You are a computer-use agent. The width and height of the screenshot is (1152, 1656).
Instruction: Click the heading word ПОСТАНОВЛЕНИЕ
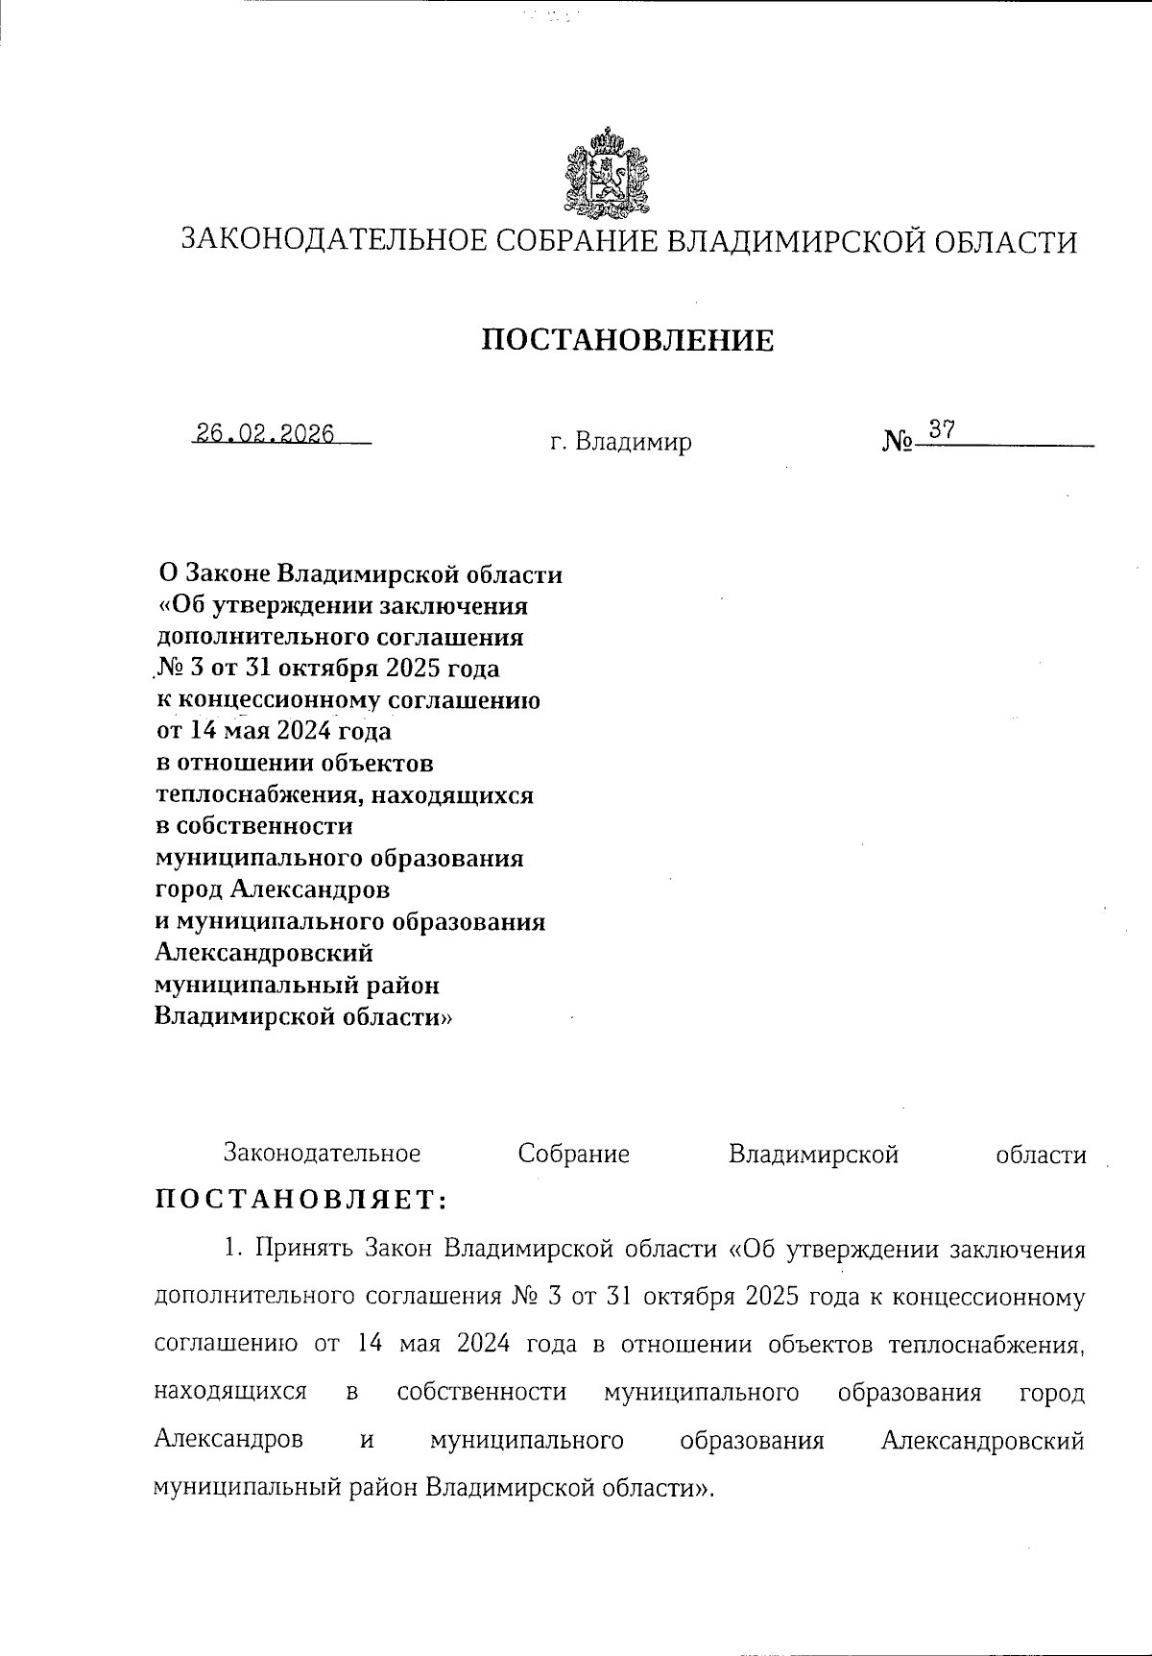[627, 340]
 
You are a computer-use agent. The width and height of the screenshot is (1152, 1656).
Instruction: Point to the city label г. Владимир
[620, 443]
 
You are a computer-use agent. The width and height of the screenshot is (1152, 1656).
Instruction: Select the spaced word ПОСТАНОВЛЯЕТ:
[301, 1199]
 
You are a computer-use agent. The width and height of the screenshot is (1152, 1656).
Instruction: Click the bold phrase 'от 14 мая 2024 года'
[274, 731]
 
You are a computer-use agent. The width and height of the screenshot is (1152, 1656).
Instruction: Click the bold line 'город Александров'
[273, 889]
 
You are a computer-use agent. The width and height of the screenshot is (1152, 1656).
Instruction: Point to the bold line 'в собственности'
[253, 826]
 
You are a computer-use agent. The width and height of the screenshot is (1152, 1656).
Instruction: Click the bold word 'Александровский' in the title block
[264, 953]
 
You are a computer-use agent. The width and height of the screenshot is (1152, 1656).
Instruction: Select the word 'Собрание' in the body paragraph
[573, 1154]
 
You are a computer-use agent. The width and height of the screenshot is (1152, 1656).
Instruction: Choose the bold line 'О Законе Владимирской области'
[360, 574]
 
